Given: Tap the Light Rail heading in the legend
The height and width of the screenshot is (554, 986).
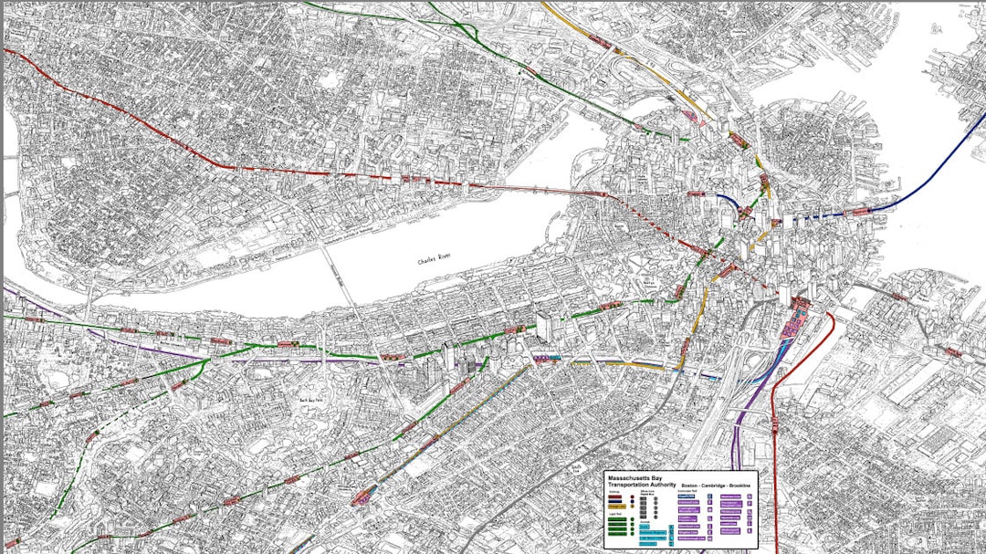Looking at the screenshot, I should [613, 515].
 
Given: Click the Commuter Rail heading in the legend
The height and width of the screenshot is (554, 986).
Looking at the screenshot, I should [687, 491].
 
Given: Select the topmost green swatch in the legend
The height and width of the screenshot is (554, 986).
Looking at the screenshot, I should [618, 520].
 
